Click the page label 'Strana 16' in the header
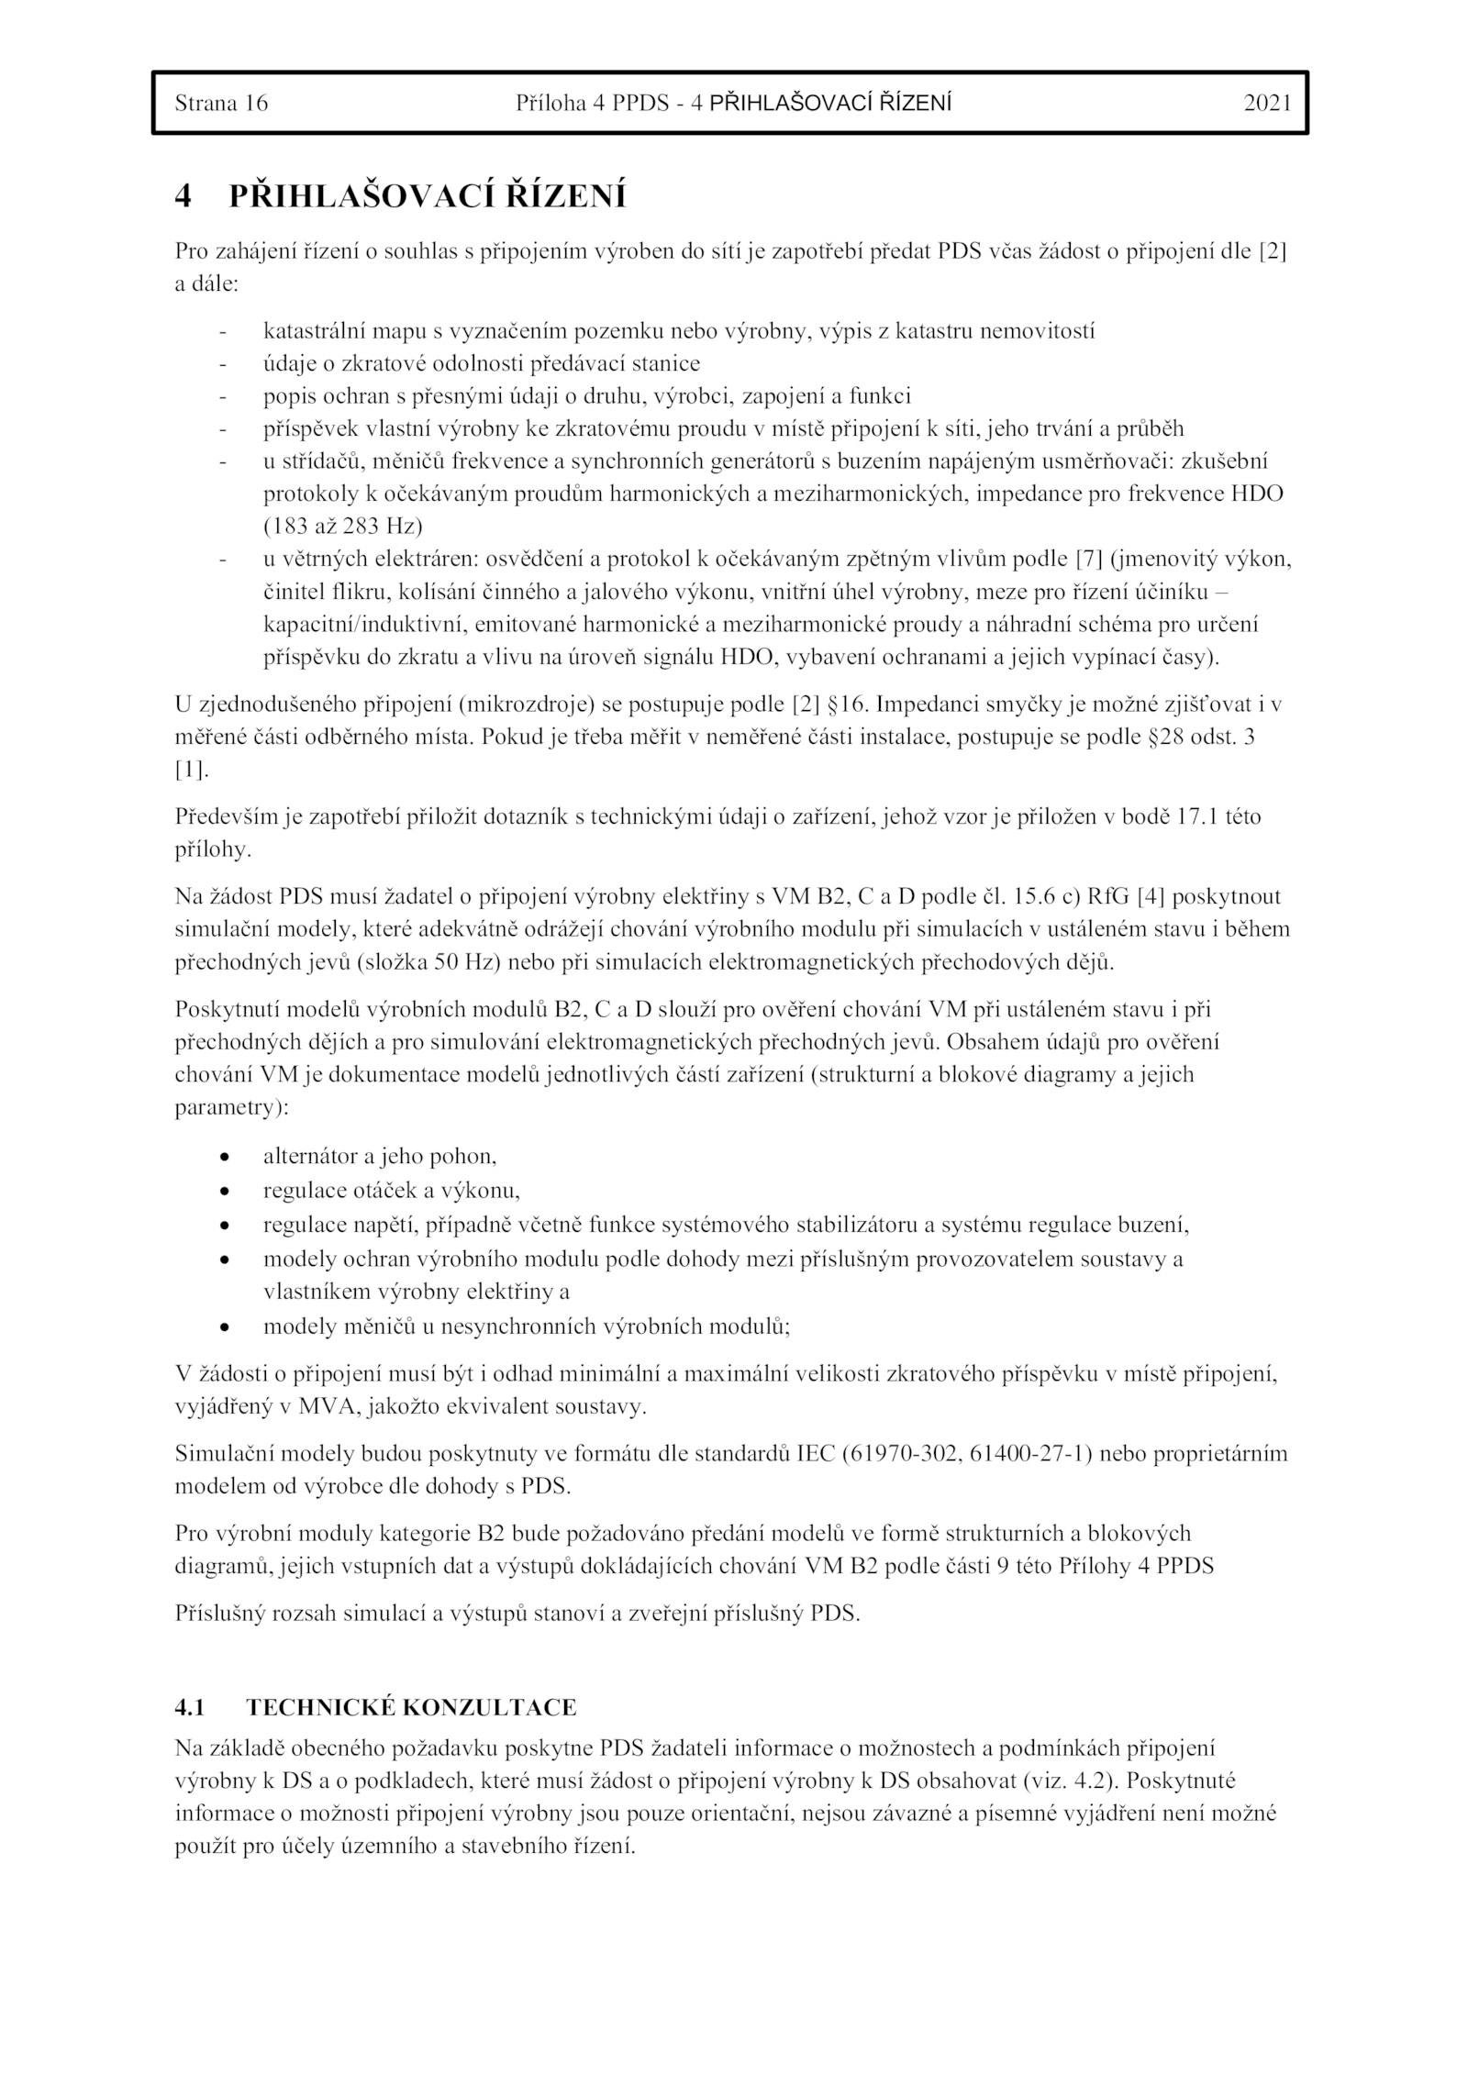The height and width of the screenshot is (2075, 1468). [x=221, y=104]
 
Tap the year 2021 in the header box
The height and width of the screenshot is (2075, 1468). [x=1267, y=104]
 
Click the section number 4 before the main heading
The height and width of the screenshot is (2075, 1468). [x=183, y=196]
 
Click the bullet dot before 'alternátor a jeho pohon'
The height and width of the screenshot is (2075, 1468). [x=224, y=1158]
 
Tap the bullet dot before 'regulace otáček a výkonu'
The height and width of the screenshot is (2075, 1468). [x=224, y=1192]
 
